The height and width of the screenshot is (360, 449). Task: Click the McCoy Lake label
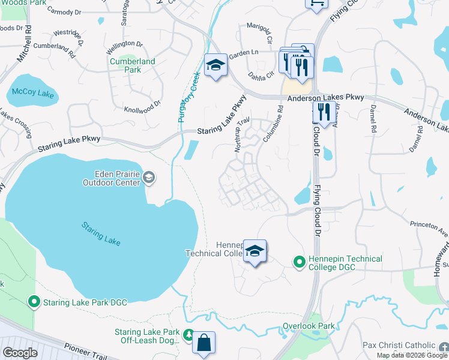click(34, 94)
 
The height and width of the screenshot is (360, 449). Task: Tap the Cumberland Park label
click(132, 65)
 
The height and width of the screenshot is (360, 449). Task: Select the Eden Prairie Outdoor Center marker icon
click(149, 177)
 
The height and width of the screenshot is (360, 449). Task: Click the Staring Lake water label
click(101, 233)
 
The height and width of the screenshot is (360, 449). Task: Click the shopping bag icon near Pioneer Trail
click(203, 343)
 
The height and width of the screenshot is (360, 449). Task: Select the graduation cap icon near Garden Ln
click(215, 65)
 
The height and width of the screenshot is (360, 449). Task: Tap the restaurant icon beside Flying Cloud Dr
click(323, 112)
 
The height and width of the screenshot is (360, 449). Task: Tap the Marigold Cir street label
click(260, 29)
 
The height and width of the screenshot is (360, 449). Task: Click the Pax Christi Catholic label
click(399, 346)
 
